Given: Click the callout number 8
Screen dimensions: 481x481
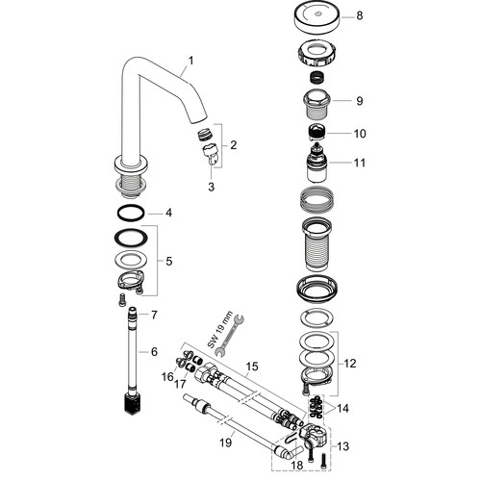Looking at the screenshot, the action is coord(360,15).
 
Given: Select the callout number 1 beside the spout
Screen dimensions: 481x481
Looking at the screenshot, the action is coord(191,61).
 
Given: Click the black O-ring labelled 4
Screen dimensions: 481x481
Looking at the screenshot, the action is coord(131,213).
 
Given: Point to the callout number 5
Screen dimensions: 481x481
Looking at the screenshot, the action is coord(169,262).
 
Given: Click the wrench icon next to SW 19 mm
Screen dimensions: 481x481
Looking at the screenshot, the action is coord(230,336).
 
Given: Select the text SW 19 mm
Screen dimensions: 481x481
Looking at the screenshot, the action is coord(220,330).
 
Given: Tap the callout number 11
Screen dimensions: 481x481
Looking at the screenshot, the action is coord(360,163).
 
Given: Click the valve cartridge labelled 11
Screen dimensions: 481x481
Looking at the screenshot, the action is coord(317,163).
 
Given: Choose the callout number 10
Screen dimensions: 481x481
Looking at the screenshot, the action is coord(360,134).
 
